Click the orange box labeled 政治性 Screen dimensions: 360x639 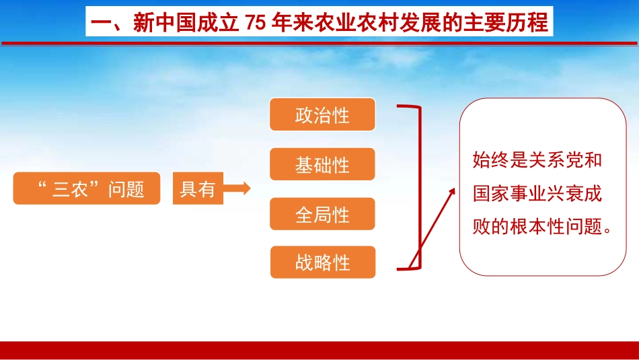pos(322,115)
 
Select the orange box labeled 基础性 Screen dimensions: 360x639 pos(322,165)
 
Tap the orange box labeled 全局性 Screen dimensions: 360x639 pos(322,214)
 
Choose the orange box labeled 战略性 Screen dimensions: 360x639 pos(322,262)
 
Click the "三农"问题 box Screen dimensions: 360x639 pos(87,189)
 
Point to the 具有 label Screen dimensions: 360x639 pos(197,189)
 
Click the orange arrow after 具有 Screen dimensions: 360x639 pos(236,189)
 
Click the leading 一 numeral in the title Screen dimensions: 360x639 pos(100,23)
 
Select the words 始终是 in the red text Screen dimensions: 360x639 pos(497,161)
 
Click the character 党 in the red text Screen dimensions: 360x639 pos(578,161)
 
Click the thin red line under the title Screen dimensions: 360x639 pos(319,43)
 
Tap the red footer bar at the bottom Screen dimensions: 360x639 pos(319,350)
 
